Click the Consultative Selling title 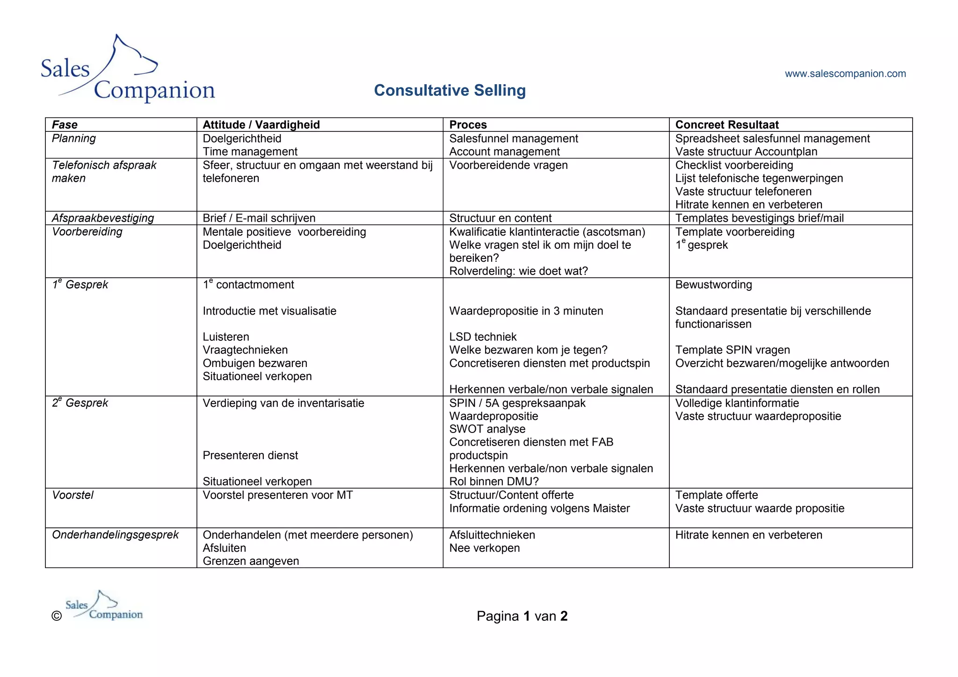coord(450,90)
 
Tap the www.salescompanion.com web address coord(845,73)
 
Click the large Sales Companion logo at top coord(128,69)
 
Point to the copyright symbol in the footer coord(57,616)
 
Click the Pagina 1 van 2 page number coord(522,616)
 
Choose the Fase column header coord(65,125)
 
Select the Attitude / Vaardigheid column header coord(261,125)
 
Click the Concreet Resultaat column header coord(726,125)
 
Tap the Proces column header coord(468,125)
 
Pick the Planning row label coord(73,138)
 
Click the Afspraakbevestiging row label coord(103,218)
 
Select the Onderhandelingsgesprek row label coord(115,534)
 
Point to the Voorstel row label coord(73,495)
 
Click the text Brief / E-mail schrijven coord(259,218)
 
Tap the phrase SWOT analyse coord(487,429)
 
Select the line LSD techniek coord(483,337)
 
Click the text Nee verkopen coord(484,547)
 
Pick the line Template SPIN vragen coord(732,350)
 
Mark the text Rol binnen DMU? coord(494,481)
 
